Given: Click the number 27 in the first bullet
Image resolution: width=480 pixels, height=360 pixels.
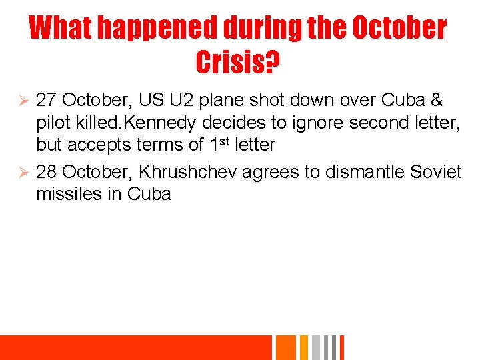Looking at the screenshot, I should tap(46, 101).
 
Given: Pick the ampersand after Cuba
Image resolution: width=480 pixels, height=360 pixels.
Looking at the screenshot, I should tap(437, 101).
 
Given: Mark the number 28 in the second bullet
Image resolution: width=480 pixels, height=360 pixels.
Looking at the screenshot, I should tap(46, 172).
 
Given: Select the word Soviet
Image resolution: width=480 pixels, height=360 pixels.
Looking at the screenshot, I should tap(436, 172).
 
